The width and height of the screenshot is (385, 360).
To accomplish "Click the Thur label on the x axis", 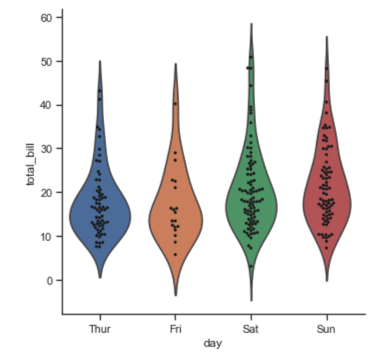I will pyautogui.click(x=100, y=329).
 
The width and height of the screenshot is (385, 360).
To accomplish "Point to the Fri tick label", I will pyautogui.click(x=175, y=329).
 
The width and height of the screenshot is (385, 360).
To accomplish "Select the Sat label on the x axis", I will pyautogui.click(x=251, y=329).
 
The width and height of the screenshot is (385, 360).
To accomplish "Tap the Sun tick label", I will pyautogui.click(x=326, y=329).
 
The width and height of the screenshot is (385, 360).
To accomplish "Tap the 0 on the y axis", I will pyautogui.click(x=50, y=280).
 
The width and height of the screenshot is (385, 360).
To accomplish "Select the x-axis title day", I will pyautogui.click(x=212, y=343).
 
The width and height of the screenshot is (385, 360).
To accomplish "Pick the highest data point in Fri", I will pyautogui.click(x=175, y=103).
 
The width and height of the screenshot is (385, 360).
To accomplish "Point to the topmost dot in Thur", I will pyautogui.click(x=99, y=90).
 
